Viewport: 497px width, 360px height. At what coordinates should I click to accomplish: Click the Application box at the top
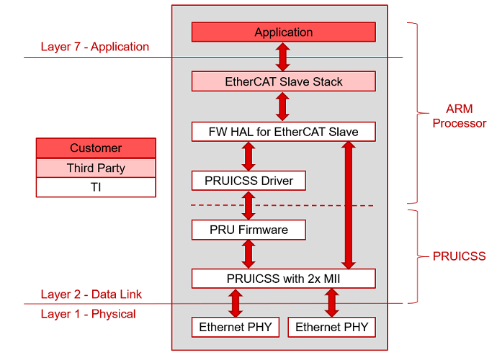[x=283, y=32]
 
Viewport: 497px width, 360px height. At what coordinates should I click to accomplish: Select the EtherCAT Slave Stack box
[x=283, y=81]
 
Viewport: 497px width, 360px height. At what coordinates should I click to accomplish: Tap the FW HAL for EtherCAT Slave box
[x=283, y=132]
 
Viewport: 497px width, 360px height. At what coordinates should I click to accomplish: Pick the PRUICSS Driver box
[x=248, y=181]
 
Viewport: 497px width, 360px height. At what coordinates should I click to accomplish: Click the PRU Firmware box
[x=248, y=230]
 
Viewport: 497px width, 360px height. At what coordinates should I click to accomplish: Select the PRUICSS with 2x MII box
[x=283, y=279]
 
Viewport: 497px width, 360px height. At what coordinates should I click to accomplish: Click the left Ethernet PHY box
[x=235, y=327]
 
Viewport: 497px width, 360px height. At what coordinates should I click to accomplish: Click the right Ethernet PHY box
[x=331, y=327]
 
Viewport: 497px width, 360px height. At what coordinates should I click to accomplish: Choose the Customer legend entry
[x=96, y=148]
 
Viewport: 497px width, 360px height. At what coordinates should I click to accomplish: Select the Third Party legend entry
[x=96, y=168]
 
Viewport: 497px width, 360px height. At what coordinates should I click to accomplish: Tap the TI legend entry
[x=96, y=187]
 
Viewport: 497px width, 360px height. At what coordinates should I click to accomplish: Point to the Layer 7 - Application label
[x=95, y=47]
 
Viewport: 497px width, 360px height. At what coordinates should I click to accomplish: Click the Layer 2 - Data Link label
[x=91, y=294]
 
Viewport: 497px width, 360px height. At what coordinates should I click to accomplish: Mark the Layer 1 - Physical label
[x=88, y=314]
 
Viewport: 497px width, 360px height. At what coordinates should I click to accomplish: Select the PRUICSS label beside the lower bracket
[x=459, y=256]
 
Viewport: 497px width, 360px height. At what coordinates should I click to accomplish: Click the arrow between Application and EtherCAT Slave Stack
[x=283, y=56]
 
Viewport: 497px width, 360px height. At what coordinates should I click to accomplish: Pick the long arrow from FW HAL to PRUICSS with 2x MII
[x=348, y=205]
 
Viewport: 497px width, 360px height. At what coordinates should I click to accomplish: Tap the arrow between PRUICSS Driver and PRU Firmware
[x=248, y=205]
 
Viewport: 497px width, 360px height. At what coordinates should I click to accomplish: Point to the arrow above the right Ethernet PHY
[x=331, y=302]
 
